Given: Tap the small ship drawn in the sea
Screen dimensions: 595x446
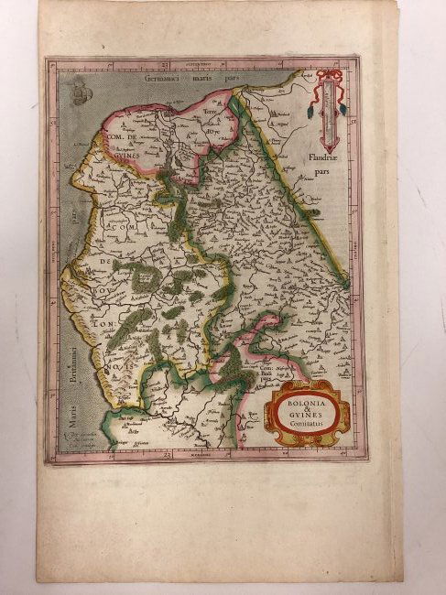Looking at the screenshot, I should click(80, 91).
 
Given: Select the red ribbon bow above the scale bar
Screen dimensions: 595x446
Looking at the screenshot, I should click(330, 74).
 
